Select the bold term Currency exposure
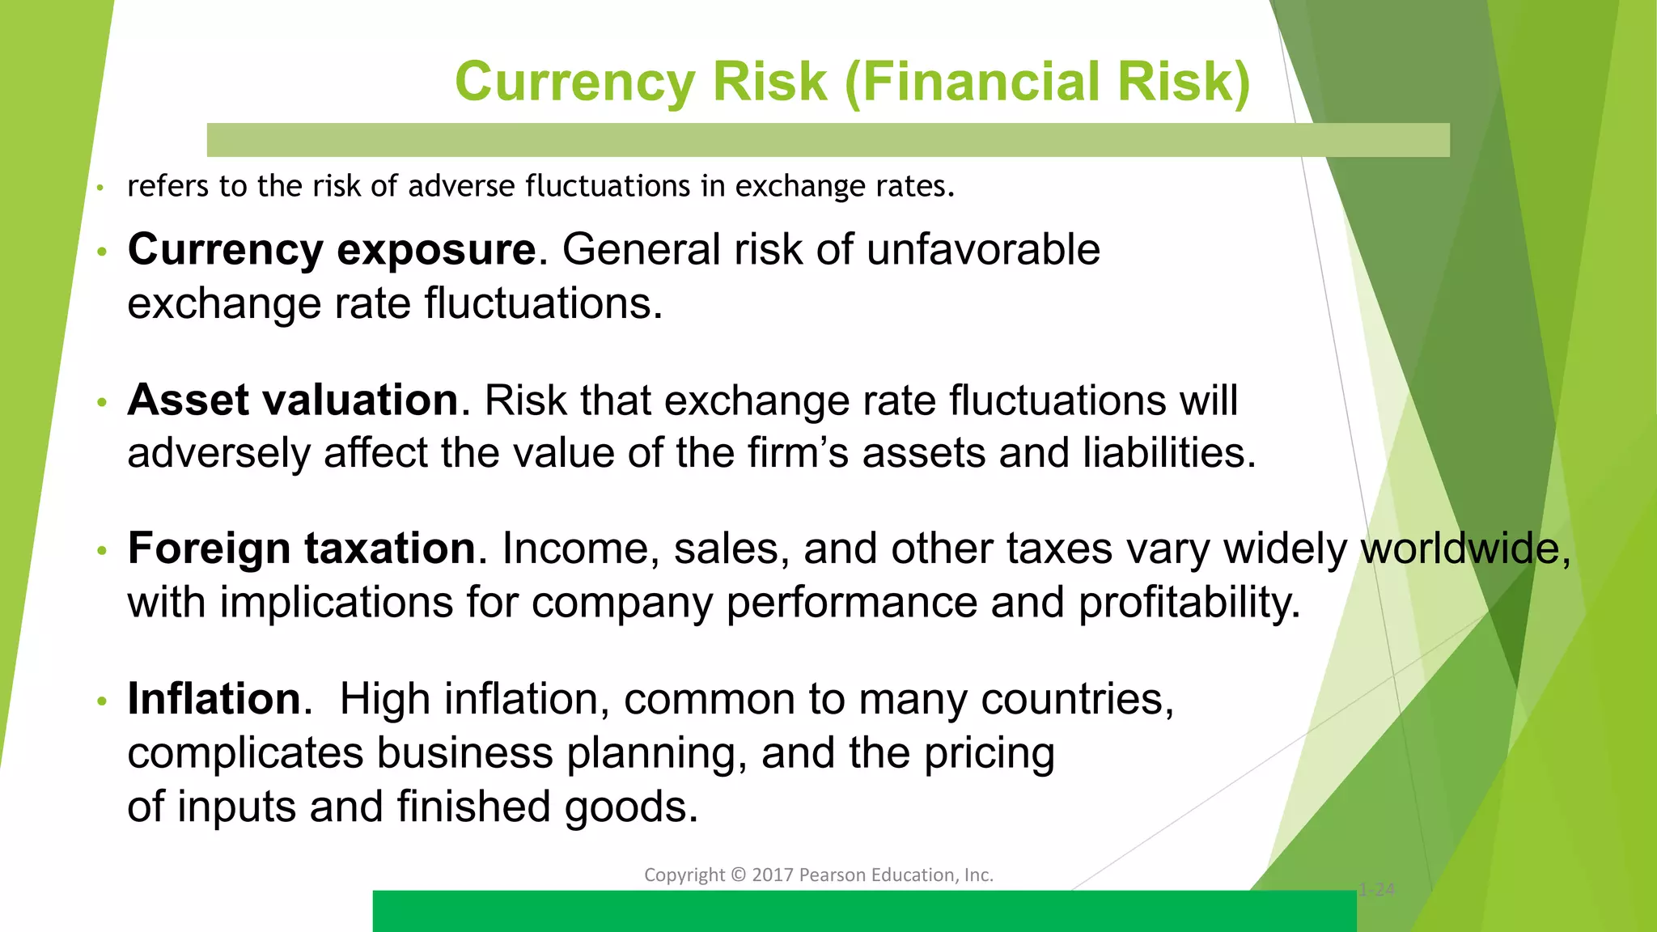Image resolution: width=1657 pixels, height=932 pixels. [x=332, y=249]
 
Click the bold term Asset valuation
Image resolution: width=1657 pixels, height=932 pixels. [x=293, y=400]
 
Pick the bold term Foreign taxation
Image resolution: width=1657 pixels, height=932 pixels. [x=302, y=549]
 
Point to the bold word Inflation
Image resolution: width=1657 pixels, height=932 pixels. [x=214, y=698]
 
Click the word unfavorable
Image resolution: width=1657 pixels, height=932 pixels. [x=983, y=249]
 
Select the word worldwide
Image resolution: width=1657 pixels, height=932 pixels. [x=1465, y=549]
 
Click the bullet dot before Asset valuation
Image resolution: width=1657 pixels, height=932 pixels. [x=101, y=402]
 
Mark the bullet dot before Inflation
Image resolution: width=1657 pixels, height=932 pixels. [x=101, y=701]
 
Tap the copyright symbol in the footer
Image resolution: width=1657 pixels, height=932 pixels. [x=738, y=875]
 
